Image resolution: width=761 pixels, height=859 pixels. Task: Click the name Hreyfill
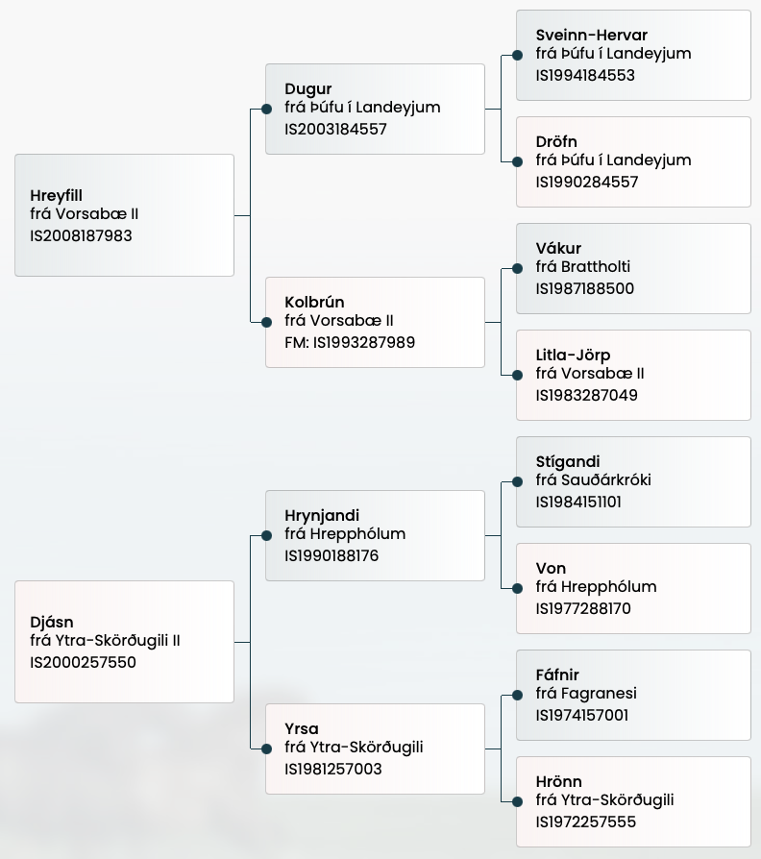[x=57, y=196]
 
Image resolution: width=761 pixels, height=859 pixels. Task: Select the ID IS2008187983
[x=81, y=235]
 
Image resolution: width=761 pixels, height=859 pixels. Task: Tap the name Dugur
[x=307, y=89]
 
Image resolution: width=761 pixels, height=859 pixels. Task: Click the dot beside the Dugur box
[x=266, y=109]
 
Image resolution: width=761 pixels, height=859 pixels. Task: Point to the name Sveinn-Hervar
[x=592, y=36]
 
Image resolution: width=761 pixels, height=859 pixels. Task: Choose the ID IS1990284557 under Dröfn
[x=587, y=182]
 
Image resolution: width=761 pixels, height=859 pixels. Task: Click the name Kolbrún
[x=314, y=303]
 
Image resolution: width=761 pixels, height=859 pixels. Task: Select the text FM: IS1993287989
[x=350, y=342]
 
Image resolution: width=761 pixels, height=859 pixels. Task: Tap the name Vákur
[x=558, y=249]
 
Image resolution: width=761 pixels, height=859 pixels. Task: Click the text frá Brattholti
[x=583, y=267]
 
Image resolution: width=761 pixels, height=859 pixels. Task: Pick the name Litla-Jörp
[x=573, y=356]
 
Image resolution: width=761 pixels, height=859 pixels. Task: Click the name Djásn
[x=52, y=623]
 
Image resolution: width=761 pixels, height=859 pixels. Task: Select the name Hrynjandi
[x=322, y=516]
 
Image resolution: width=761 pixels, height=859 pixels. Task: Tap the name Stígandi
[x=568, y=462]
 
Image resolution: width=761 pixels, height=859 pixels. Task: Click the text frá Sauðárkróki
[x=593, y=480]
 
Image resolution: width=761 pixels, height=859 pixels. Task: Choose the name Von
[x=551, y=569]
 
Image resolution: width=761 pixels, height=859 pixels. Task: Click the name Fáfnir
[x=557, y=675]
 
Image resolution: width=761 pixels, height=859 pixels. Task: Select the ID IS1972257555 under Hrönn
[x=586, y=822]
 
